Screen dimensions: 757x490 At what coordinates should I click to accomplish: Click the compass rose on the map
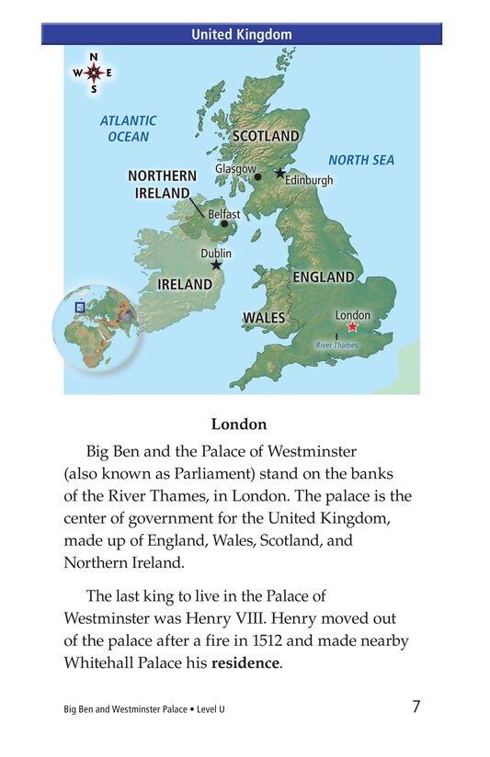[93, 73]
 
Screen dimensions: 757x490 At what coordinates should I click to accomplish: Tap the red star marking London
[352, 327]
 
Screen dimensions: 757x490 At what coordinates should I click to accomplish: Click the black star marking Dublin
[217, 265]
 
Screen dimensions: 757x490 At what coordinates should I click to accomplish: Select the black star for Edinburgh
[279, 173]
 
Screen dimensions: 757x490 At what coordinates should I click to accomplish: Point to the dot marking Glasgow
[257, 176]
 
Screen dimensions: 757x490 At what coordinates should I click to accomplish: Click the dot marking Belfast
[223, 223]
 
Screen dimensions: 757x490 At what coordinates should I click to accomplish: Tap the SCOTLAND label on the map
[265, 136]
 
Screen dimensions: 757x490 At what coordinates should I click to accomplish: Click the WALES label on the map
[264, 318]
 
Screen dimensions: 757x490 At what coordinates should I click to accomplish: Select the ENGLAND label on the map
[323, 277]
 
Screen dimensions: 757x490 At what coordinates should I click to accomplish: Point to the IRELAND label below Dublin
[184, 285]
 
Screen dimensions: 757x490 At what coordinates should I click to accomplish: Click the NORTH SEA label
[361, 160]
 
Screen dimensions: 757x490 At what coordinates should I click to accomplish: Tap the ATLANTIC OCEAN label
[128, 129]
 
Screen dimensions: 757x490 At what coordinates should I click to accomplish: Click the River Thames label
[336, 345]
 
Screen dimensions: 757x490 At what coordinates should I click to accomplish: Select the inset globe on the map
[92, 326]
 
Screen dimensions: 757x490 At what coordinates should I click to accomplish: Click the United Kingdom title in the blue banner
[241, 35]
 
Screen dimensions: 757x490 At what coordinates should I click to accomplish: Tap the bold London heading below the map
[239, 424]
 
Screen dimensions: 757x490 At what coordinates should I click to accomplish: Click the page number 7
[416, 706]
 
